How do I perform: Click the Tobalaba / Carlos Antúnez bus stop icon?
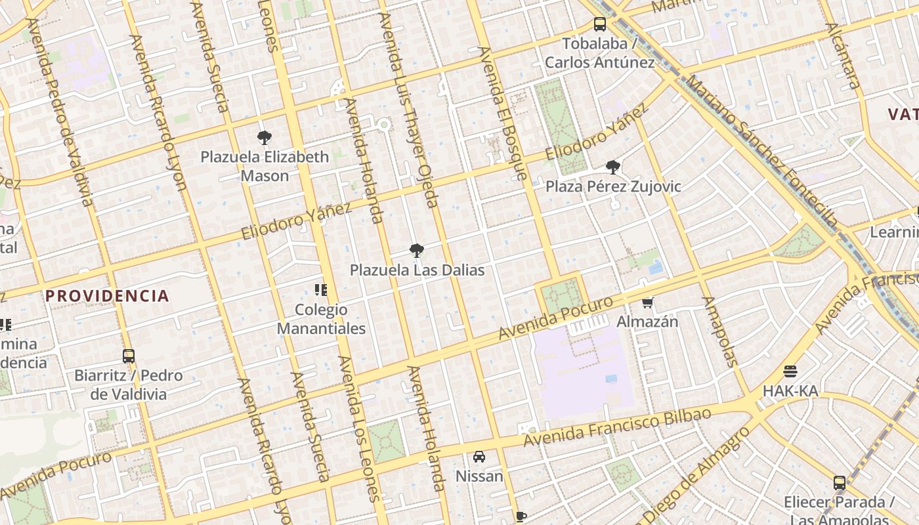click(x=599, y=25)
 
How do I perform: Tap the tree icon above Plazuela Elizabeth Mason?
click(x=265, y=138)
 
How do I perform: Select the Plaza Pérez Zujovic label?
click(x=613, y=186)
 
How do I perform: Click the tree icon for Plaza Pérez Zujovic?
click(x=613, y=167)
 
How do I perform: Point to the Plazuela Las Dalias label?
click(x=417, y=270)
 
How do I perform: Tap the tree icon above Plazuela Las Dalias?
click(x=416, y=251)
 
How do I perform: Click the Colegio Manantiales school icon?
click(x=321, y=290)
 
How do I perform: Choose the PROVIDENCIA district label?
click(x=107, y=296)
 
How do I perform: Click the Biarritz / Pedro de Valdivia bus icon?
click(x=129, y=356)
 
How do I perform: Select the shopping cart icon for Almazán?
click(x=648, y=303)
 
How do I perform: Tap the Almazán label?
click(x=647, y=322)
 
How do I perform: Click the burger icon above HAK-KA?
click(x=790, y=371)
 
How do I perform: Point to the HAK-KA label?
click(x=790, y=391)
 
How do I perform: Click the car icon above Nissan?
click(x=479, y=457)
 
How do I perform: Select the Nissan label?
click(x=479, y=476)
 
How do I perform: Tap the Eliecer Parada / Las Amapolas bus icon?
click(x=839, y=483)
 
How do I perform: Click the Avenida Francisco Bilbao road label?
click(x=617, y=427)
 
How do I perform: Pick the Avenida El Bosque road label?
click(x=503, y=113)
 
